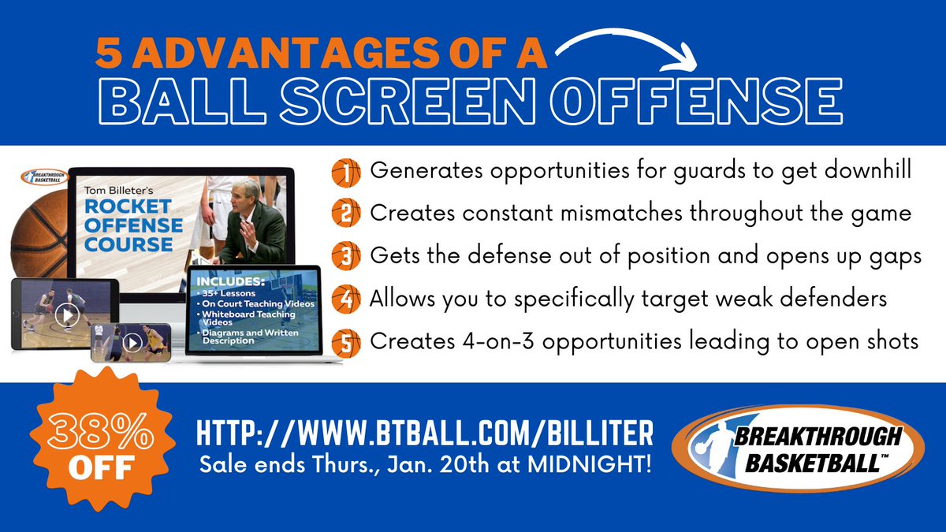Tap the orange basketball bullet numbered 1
tap(346, 173)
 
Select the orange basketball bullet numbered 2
tap(346, 213)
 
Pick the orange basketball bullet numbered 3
tap(346, 256)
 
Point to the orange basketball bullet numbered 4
tap(346, 299)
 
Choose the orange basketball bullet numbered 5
tap(346, 343)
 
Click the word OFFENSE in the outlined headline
tap(696, 102)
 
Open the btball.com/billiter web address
tap(424, 433)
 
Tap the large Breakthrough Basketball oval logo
tap(798, 448)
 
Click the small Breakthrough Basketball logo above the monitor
tap(45, 177)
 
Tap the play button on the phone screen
tap(132, 343)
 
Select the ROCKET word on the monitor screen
tap(128, 206)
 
